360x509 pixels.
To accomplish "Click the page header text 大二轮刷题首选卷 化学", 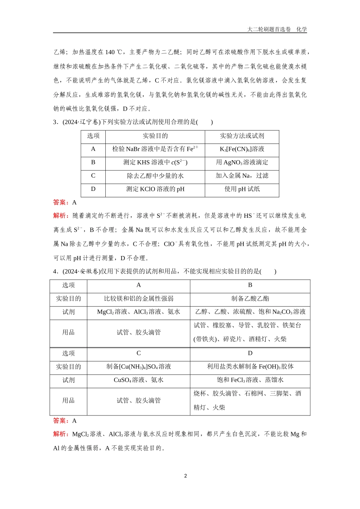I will [x=277, y=29].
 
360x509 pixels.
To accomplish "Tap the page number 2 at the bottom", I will [x=185, y=476].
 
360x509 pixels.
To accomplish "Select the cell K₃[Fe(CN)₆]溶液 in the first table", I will [x=242, y=149].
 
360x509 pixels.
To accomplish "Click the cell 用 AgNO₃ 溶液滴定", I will [x=242, y=162].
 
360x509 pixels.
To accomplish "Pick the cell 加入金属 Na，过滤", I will [x=242, y=176].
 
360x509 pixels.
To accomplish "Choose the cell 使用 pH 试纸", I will [x=242, y=189].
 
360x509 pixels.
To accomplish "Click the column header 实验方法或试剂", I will [x=242, y=136].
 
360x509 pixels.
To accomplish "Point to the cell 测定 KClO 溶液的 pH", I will [x=155, y=189].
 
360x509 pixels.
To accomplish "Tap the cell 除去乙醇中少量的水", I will [x=155, y=176].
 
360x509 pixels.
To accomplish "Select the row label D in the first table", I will [x=93, y=189].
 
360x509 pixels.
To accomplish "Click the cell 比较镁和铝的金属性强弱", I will [x=139, y=298].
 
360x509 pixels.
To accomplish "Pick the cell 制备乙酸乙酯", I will [x=250, y=298].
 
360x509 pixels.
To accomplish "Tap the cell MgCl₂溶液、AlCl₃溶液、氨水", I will [x=139, y=312].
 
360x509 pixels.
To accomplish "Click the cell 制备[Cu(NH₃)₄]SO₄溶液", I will [x=139, y=367].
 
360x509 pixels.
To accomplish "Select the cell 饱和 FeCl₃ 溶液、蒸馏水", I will [x=250, y=380].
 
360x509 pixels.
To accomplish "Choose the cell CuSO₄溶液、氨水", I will [x=139, y=380].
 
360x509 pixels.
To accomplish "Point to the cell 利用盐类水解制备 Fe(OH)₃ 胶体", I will [x=250, y=367].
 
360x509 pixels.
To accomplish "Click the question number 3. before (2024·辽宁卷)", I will [x=55, y=122].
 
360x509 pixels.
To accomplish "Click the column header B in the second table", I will [x=250, y=285].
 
